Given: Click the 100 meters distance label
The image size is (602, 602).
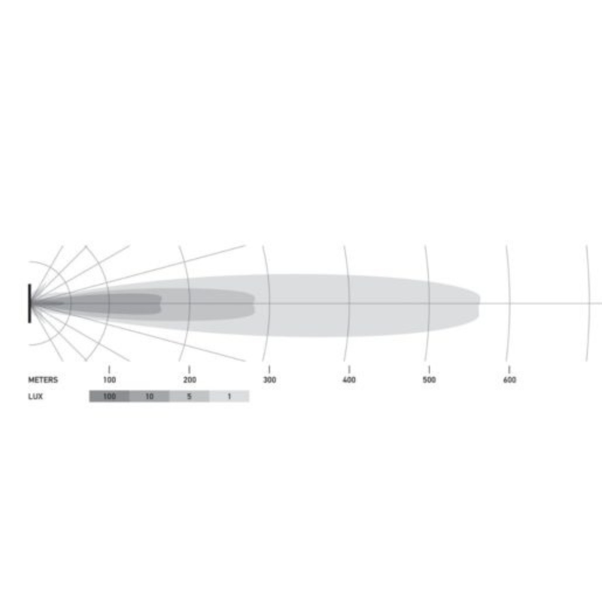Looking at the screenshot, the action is pyautogui.click(x=109, y=380).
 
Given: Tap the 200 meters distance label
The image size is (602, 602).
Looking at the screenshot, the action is pyautogui.click(x=190, y=380).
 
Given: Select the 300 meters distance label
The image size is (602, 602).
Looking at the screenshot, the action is pyautogui.click(x=269, y=380).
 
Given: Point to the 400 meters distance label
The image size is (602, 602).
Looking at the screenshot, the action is pyautogui.click(x=349, y=380).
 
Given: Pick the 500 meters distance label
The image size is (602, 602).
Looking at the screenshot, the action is pyautogui.click(x=429, y=380).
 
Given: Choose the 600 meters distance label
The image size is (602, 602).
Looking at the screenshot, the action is pyautogui.click(x=509, y=380).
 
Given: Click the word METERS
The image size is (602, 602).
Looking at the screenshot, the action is pyautogui.click(x=43, y=380).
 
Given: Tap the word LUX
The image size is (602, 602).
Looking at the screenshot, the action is pyautogui.click(x=35, y=397).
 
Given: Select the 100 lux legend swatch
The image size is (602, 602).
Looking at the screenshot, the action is pyautogui.click(x=109, y=397).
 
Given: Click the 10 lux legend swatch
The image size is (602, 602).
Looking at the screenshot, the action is pyautogui.click(x=149, y=397).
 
